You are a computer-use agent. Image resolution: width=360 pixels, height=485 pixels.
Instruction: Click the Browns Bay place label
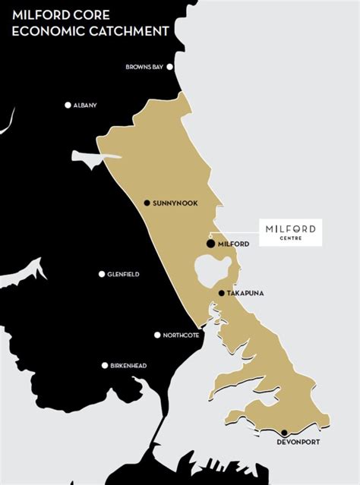click(x=145, y=68)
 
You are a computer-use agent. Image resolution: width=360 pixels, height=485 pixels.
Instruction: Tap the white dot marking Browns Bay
click(x=170, y=67)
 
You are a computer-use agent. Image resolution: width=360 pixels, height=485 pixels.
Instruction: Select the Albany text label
click(x=86, y=106)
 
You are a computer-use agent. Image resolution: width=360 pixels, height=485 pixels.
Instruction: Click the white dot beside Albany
click(x=68, y=105)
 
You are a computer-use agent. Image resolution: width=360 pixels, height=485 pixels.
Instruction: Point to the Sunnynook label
click(x=175, y=203)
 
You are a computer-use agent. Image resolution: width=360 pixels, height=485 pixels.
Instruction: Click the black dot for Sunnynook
click(x=147, y=203)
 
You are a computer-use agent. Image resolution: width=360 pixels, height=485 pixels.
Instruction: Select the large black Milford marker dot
click(x=210, y=244)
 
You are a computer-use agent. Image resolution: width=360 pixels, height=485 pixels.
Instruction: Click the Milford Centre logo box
click(x=291, y=232)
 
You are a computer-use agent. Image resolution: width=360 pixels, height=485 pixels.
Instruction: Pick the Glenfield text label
click(x=123, y=275)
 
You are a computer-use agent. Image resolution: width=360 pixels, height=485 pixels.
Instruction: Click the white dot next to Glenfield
click(x=102, y=274)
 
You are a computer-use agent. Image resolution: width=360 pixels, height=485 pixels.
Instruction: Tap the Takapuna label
click(x=245, y=294)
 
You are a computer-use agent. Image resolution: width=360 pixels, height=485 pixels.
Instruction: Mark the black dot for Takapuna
click(x=221, y=293)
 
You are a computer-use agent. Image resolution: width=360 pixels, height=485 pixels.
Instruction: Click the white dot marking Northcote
click(x=157, y=335)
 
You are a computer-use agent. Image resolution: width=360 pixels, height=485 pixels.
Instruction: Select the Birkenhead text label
click(x=128, y=366)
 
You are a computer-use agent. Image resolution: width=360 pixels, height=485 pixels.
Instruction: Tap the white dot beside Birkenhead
click(x=105, y=365)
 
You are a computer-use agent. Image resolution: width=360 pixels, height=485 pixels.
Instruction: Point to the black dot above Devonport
click(x=284, y=432)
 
